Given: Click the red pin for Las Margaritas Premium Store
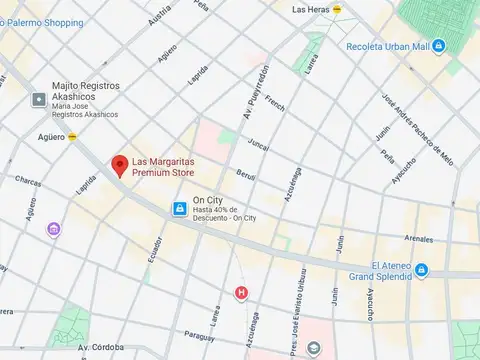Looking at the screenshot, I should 119,165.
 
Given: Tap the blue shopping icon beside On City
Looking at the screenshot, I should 179,209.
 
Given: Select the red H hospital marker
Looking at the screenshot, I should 240,293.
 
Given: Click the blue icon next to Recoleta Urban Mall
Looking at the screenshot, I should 438,46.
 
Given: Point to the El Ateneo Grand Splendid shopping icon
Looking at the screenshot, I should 421,270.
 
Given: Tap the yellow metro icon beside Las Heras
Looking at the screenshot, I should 337,9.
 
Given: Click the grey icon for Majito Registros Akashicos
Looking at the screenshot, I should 39,99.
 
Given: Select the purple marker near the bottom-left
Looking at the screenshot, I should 53,230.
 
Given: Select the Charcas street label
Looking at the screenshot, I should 27,182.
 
